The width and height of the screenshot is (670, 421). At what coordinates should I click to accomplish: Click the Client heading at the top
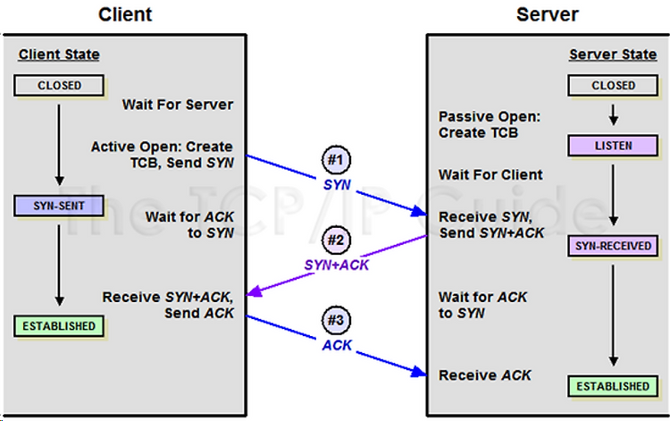pyautogui.click(x=125, y=14)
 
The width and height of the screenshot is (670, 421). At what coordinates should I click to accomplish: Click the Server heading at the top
pyautogui.click(x=548, y=14)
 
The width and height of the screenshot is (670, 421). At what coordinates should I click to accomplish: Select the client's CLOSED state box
pyautogui.click(x=59, y=85)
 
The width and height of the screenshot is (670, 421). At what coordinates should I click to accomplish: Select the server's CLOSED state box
pyautogui.click(x=613, y=85)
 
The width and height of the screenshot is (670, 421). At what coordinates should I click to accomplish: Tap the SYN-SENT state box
pyautogui.click(x=59, y=206)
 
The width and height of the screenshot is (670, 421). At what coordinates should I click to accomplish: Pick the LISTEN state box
pyautogui.click(x=613, y=146)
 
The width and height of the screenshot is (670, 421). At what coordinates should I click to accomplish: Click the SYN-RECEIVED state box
pyautogui.click(x=613, y=246)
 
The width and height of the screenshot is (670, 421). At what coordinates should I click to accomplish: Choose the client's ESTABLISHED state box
pyautogui.click(x=59, y=326)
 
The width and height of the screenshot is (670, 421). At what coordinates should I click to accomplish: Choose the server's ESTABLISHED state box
pyautogui.click(x=613, y=386)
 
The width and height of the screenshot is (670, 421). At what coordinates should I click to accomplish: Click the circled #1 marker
pyautogui.click(x=336, y=160)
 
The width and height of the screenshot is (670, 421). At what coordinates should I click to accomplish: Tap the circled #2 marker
pyautogui.click(x=336, y=240)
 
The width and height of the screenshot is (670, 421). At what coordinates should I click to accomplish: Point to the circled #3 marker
pyautogui.click(x=336, y=320)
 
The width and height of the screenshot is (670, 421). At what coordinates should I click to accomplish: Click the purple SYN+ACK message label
pyautogui.click(x=336, y=265)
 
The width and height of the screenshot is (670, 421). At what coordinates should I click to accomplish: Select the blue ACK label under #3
pyautogui.click(x=337, y=345)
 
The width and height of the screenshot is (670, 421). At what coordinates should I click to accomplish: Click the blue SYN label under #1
pyautogui.click(x=337, y=185)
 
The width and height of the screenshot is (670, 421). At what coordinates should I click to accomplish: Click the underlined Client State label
pyautogui.click(x=59, y=55)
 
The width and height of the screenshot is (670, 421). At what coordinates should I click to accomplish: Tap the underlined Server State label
pyautogui.click(x=613, y=55)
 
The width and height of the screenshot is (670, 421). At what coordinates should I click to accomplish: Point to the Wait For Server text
pyautogui.click(x=178, y=105)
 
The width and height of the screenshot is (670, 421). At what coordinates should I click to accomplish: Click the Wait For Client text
pyautogui.click(x=490, y=174)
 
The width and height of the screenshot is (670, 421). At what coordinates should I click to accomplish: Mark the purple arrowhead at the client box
pyautogui.click(x=254, y=291)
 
